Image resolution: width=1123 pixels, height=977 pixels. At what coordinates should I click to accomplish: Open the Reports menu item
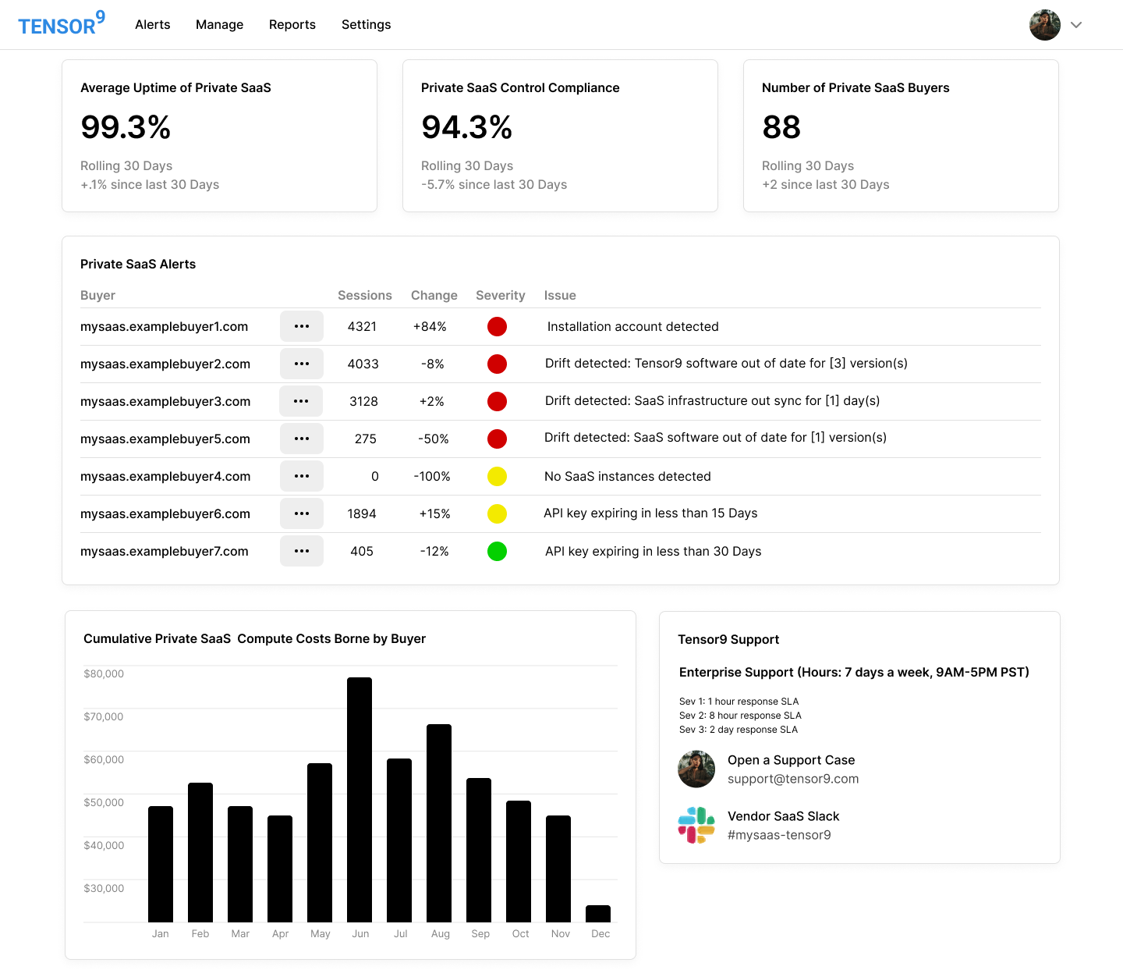[x=292, y=25]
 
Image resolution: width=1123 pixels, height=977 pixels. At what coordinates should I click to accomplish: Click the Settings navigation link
[x=366, y=25]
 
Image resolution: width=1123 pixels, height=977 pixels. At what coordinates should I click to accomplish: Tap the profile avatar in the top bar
[x=1044, y=25]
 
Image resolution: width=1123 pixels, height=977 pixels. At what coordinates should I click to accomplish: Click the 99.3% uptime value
[x=126, y=127]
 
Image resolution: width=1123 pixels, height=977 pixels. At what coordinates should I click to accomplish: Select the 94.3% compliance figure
[x=466, y=127]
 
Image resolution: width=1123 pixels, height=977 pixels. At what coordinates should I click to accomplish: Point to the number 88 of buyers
[x=781, y=127]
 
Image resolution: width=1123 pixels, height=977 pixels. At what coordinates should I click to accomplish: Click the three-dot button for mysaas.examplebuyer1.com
[x=302, y=326]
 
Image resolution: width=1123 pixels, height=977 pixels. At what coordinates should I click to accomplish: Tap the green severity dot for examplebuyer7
[x=497, y=552]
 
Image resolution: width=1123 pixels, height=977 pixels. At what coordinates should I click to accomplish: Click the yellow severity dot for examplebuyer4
[x=497, y=476]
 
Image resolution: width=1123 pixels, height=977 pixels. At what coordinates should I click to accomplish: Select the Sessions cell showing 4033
[x=363, y=364]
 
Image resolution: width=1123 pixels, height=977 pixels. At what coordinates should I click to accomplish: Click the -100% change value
[x=432, y=477]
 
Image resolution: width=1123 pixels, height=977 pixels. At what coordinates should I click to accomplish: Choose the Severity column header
[x=500, y=296]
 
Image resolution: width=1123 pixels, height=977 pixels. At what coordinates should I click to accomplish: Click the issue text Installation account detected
[x=632, y=327]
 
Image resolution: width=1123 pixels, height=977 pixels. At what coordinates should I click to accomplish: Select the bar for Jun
[x=360, y=799]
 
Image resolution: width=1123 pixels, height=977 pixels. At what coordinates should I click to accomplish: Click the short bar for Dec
[x=598, y=914]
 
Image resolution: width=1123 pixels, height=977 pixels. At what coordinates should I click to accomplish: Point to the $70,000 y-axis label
[x=104, y=716]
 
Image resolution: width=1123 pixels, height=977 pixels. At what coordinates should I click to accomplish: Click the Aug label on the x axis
[x=440, y=934]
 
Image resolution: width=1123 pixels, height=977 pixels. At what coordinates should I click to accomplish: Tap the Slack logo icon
[x=696, y=826]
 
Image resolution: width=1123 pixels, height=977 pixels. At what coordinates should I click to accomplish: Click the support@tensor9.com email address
[x=792, y=779]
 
